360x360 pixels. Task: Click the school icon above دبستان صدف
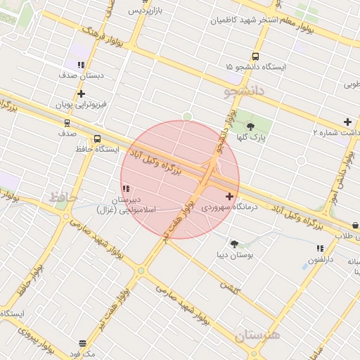[82, 65]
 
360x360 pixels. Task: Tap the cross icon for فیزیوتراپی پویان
[82, 94]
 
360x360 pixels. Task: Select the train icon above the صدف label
[66, 122]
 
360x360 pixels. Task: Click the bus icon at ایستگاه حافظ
[97, 139]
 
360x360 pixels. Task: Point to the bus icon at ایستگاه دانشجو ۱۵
[255, 57]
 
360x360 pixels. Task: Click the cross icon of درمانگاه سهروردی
[230, 195]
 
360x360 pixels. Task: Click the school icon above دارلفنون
[320, 248]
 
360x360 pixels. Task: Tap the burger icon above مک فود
[83, 343]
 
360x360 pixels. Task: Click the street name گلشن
[229, 287]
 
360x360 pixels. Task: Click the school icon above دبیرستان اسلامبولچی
[126, 188]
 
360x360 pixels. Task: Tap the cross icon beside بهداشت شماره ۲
[347, 122]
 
